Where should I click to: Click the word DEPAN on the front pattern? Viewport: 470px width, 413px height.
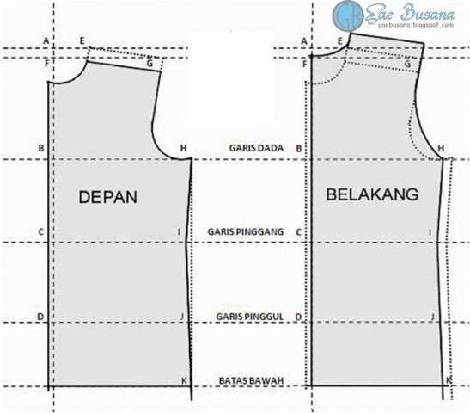click(x=108, y=197)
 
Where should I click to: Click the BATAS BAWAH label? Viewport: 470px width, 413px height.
click(x=250, y=381)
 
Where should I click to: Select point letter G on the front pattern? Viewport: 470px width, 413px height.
click(x=150, y=63)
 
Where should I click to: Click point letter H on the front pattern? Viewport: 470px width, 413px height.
click(x=183, y=149)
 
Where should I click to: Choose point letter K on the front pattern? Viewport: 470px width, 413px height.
click(x=184, y=380)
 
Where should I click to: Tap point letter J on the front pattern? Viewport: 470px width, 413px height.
click(x=182, y=317)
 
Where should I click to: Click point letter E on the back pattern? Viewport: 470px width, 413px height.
click(x=340, y=40)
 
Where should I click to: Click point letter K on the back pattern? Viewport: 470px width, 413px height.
click(x=449, y=379)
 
